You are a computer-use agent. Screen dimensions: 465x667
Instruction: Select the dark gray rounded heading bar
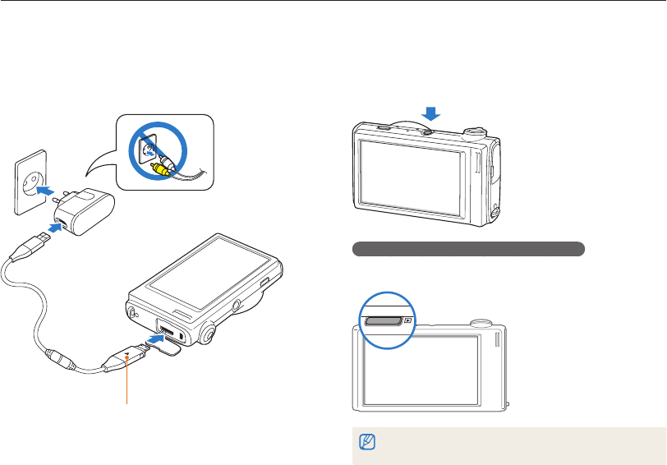click(x=468, y=248)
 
